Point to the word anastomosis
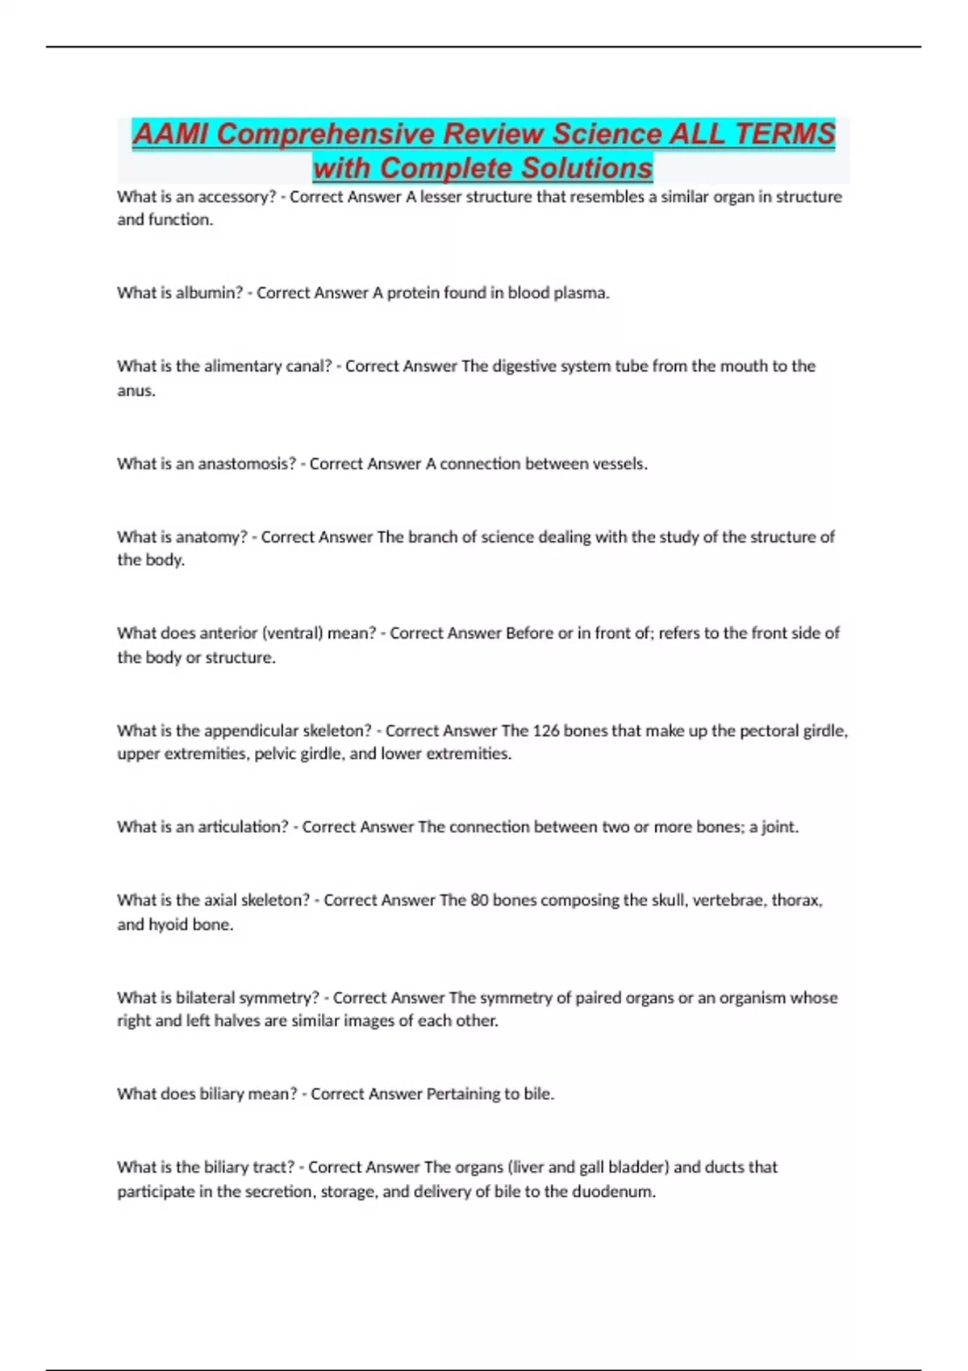[247, 464]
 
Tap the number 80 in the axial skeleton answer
[479, 900]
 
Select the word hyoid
[168, 924]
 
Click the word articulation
[243, 827]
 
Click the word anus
[136, 390]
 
